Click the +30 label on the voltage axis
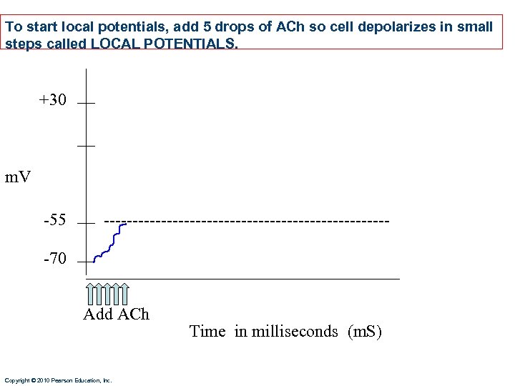click(52, 100)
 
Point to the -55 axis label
click(54, 220)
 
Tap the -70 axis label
click(54, 259)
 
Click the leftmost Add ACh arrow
click(90, 294)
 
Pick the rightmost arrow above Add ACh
click(124, 294)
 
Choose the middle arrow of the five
click(107, 294)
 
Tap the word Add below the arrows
click(98, 315)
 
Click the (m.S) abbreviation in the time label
click(365, 332)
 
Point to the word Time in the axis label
click(208, 332)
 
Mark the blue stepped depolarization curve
click(111, 243)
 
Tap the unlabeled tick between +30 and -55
click(86, 146)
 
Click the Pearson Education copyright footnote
click(58, 380)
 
